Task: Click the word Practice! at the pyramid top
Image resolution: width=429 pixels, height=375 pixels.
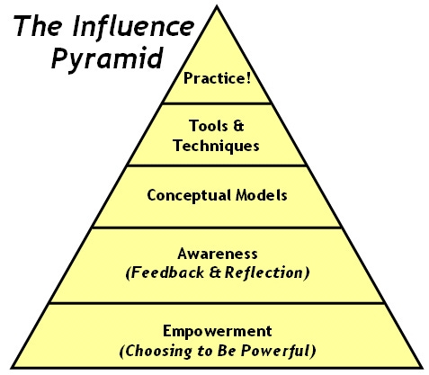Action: pos(216,78)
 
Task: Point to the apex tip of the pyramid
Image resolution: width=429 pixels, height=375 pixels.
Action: pos(216,6)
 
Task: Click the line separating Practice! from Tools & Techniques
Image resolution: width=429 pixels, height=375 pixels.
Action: pos(216,103)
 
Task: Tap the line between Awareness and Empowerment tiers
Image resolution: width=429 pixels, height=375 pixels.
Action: pos(216,302)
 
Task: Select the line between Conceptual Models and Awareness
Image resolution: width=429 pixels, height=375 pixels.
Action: pos(216,227)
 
